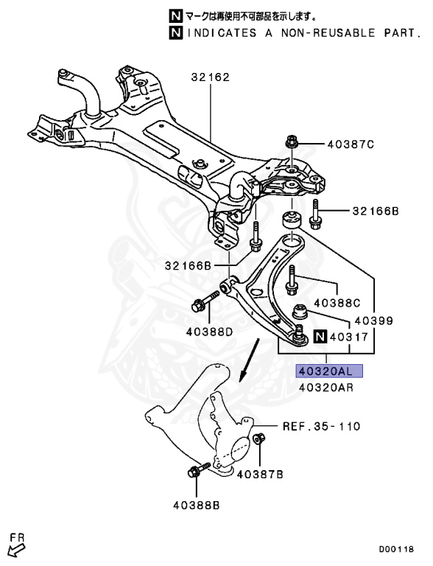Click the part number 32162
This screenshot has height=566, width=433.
pyautogui.click(x=211, y=77)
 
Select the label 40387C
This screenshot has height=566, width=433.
pyautogui.click(x=351, y=144)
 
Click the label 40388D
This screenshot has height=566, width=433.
pyautogui.click(x=208, y=332)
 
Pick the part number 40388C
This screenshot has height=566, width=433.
pyautogui.click(x=337, y=302)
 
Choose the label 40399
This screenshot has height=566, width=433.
pyautogui.click(x=373, y=321)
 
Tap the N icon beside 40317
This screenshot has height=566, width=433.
pyautogui.click(x=319, y=338)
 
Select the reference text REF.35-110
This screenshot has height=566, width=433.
pyautogui.click(x=322, y=427)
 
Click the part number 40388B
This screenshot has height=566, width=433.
pyautogui.click(x=197, y=505)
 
